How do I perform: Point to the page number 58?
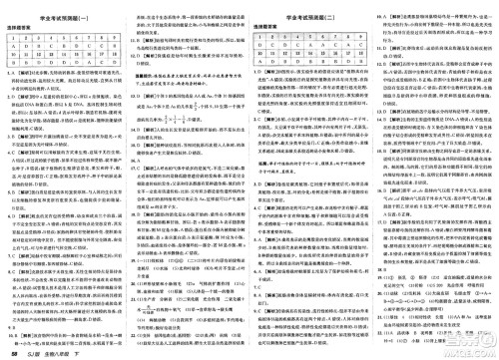(11, 352)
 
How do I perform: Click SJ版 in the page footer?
(32, 352)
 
